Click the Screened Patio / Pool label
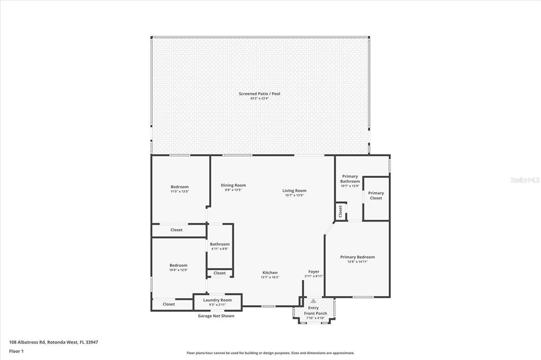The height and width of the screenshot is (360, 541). pos(259,94)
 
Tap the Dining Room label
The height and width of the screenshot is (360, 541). pos(233,185)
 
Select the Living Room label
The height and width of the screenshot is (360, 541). pos(294,191)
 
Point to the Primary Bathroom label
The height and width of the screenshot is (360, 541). pos(350,179)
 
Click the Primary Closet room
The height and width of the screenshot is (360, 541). pos(376,196)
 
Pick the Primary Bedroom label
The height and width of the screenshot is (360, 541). pos(357,257)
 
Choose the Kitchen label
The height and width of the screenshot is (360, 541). pos(269,273)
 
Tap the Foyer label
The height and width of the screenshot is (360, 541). pos(313,272)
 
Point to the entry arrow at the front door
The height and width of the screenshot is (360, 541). pos(313,301)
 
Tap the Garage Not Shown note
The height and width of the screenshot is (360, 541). pos(216,316)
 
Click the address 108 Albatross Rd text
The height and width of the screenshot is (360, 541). pos(53,342)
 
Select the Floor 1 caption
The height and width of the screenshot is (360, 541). pos(16,350)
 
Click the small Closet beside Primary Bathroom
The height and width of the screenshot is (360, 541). pos(341,212)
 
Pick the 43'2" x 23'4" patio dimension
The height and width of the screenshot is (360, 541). pos(259,98)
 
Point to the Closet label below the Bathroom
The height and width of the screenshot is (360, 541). pos(220,273)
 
